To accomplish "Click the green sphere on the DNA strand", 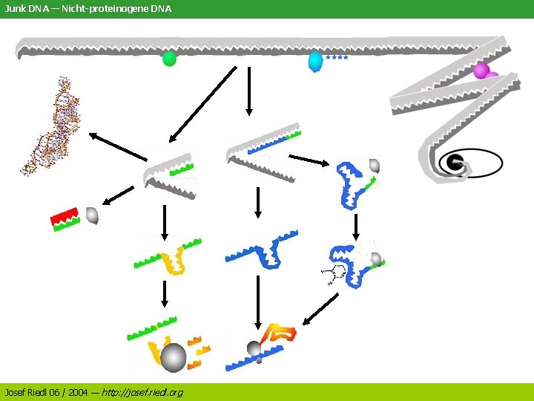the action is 170,59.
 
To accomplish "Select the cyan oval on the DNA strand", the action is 315,61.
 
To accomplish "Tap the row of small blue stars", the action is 336,57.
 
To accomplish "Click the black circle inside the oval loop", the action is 452,163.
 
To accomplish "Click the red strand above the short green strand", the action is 64,216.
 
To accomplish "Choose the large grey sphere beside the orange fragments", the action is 174,357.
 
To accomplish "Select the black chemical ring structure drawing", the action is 334,274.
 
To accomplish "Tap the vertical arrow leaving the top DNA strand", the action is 249,91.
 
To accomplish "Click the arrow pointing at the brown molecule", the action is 118,146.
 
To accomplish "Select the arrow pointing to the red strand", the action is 116,195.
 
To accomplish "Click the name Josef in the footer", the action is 16,391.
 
